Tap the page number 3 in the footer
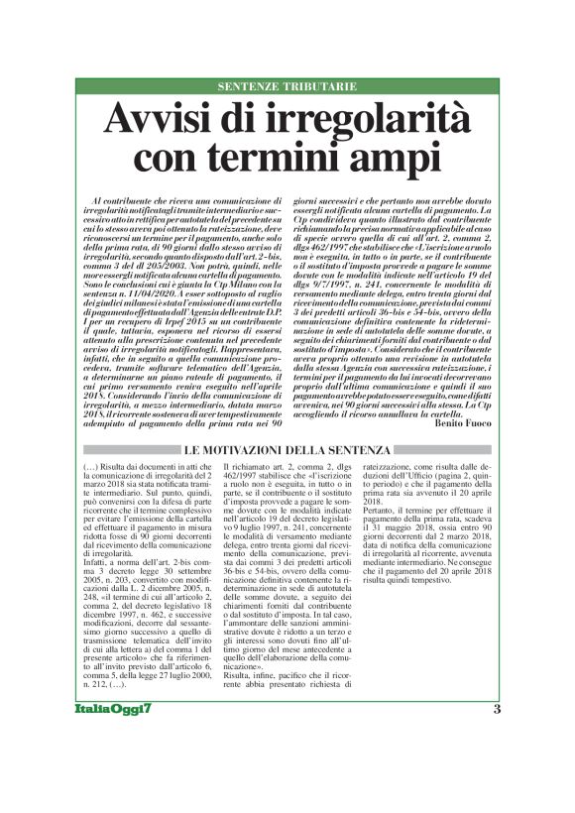coord(496,763)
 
